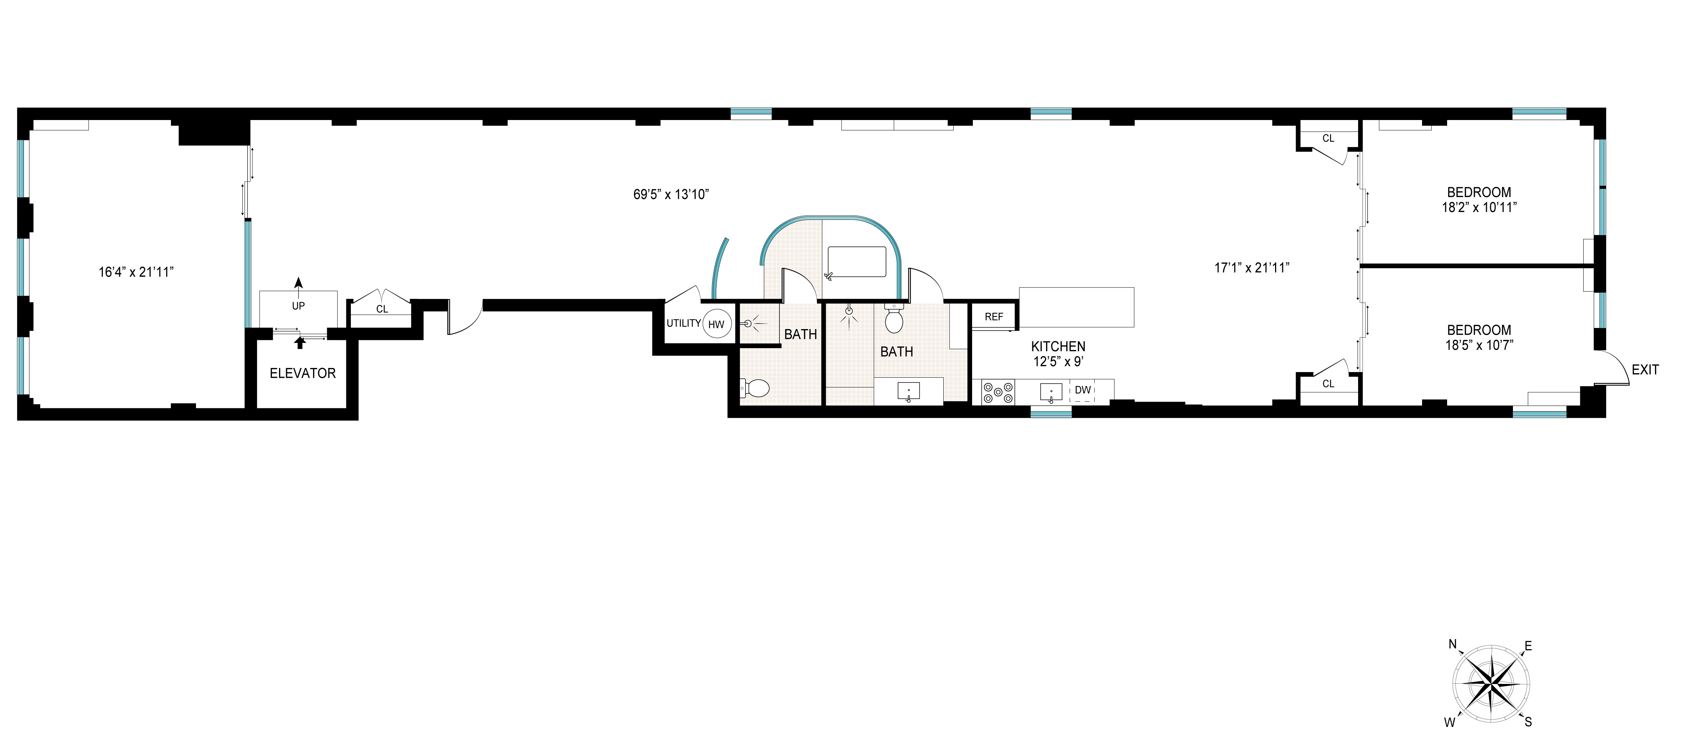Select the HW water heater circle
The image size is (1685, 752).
point(716,324)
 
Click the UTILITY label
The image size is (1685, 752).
point(683,323)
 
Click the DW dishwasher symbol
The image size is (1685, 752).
point(1082,390)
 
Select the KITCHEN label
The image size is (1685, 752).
point(1058,347)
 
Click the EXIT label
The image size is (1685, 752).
point(1645,370)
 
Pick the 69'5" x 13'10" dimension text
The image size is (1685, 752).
point(671,194)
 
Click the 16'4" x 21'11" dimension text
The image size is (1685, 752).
point(135,272)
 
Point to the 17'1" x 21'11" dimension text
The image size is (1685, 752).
point(1252,267)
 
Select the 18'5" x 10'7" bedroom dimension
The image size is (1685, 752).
point(1479,345)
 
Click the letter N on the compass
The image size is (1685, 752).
point(1452,644)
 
